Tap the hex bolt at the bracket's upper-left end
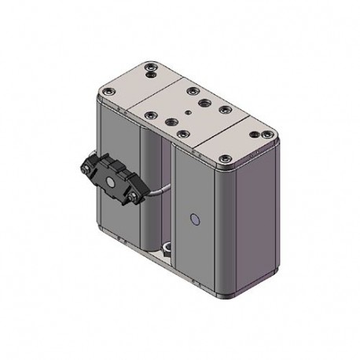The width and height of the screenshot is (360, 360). point(84,167)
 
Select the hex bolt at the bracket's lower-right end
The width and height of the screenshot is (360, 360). point(138,198)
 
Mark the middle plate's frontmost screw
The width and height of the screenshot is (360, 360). point(182,134)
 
